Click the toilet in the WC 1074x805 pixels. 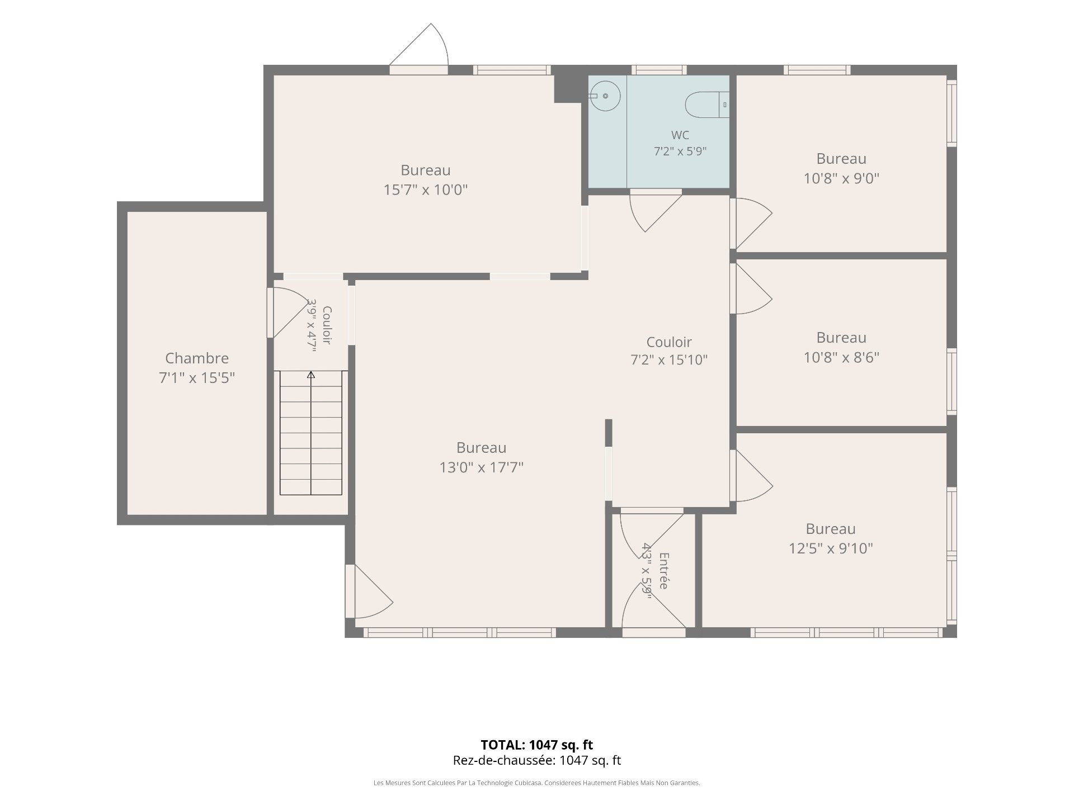coord(707,105)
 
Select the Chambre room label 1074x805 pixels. coord(197,358)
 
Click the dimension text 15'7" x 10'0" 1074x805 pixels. coord(425,190)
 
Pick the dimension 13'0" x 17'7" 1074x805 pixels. coord(481,467)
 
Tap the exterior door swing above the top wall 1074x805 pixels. coord(419,45)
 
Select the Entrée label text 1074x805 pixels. coord(664,571)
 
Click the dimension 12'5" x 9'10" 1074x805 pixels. coord(831,548)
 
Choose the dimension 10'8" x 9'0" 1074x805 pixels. coord(841,178)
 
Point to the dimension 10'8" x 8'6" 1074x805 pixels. coord(841,357)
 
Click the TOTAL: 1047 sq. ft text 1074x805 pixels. coord(537,745)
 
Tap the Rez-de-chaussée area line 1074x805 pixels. coord(537,760)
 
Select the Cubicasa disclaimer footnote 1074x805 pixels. coord(537,783)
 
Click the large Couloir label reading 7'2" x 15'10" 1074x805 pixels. coord(669,351)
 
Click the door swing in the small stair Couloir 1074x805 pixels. coord(288,313)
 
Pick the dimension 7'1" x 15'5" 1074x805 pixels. coord(197,378)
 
